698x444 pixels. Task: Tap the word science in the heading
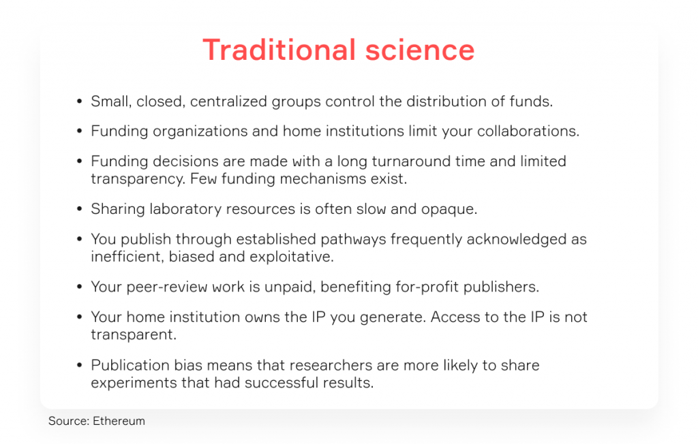(420, 50)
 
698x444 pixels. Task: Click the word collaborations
(528, 131)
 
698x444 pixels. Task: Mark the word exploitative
(292, 257)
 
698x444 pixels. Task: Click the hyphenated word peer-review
(167, 287)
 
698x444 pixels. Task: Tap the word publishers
(501, 287)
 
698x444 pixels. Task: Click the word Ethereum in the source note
(119, 421)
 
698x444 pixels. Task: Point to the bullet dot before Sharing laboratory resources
(80, 208)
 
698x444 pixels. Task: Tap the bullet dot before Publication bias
(80, 365)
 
